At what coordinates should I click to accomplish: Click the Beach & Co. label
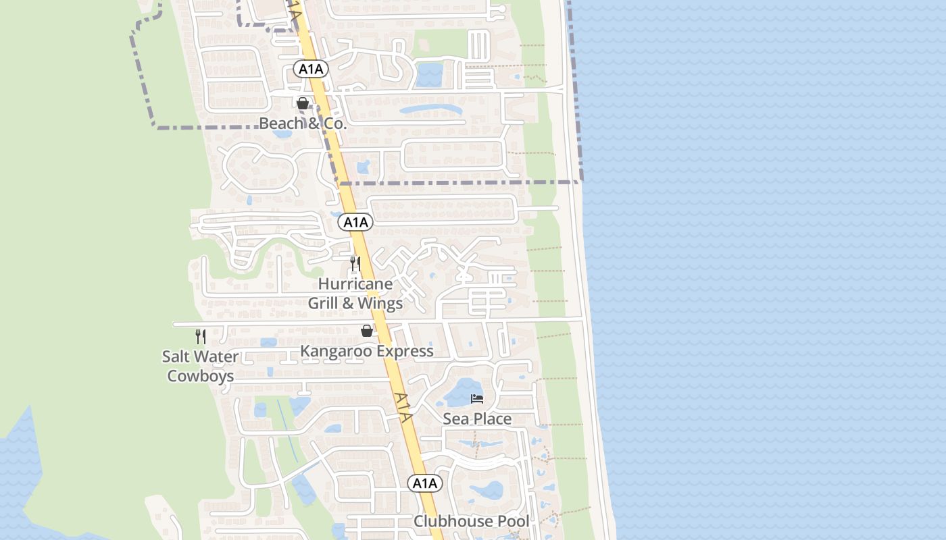click(303, 124)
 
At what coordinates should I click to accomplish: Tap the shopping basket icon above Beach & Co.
click(303, 103)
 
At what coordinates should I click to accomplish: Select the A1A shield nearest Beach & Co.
click(311, 69)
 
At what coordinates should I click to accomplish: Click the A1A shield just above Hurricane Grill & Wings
click(355, 222)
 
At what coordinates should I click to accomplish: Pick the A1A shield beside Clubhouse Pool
click(425, 483)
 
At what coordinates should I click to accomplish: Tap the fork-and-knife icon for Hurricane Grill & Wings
click(355, 263)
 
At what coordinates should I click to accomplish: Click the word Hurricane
click(355, 284)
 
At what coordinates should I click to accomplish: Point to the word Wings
click(380, 303)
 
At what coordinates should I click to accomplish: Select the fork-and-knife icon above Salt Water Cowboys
click(201, 336)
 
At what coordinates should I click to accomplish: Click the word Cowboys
click(201, 376)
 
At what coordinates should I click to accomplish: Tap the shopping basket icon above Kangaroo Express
click(367, 331)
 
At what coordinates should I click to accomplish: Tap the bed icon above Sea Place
click(477, 398)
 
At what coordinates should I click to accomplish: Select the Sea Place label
click(477, 419)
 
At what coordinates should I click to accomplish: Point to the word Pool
click(513, 521)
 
